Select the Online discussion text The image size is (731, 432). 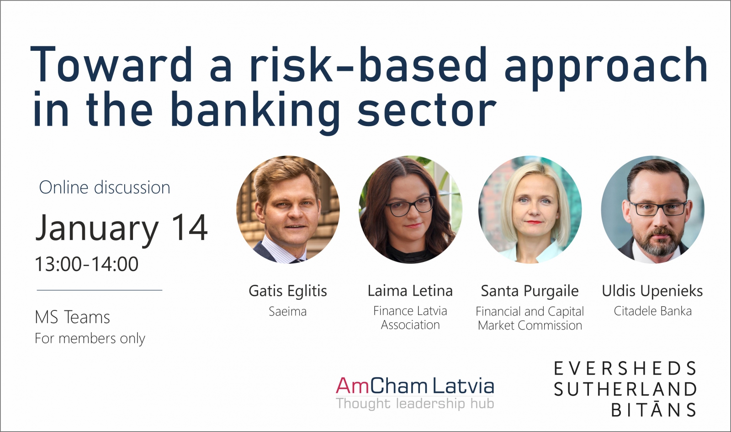point(105,187)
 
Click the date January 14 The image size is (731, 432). point(122,228)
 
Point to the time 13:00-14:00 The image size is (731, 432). point(87,264)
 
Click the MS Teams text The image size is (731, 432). point(73,317)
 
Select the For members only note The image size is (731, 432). point(90,338)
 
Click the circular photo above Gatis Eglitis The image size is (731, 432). point(288,209)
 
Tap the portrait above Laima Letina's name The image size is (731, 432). point(411,209)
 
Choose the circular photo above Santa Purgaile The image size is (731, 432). point(530,209)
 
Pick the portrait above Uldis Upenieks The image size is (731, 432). point(653,209)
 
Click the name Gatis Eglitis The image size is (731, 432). point(288,291)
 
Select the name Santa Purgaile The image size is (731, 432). point(530,291)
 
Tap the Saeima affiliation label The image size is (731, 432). point(288,311)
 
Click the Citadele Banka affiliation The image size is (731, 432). point(653,311)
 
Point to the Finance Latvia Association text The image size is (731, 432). point(410,318)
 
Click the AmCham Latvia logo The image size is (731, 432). point(415,386)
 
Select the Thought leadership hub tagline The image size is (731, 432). point(415,404)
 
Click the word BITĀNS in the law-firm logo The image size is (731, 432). point(654,410)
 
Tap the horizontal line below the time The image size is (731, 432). point(100,290)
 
